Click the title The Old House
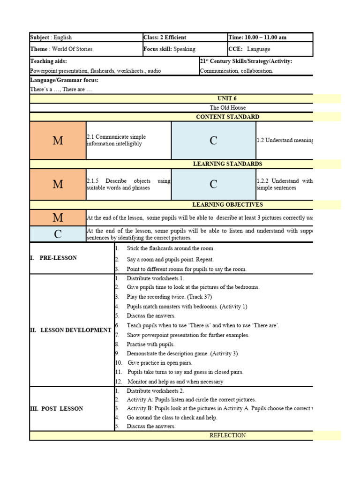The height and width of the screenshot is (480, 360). click(227, 108)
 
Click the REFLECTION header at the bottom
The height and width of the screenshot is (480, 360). click(227, 435)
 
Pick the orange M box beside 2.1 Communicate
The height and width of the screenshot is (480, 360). click(58, 141)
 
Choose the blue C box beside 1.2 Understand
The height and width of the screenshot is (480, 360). click(213, 141)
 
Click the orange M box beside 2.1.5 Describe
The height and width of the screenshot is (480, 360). click(58, 184)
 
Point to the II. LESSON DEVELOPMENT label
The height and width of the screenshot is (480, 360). click(70, 330)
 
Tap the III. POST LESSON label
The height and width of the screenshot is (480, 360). click(56, 409)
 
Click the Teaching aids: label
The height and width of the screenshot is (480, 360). click(48, 61)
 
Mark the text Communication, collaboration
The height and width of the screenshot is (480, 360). click(236, 71)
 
